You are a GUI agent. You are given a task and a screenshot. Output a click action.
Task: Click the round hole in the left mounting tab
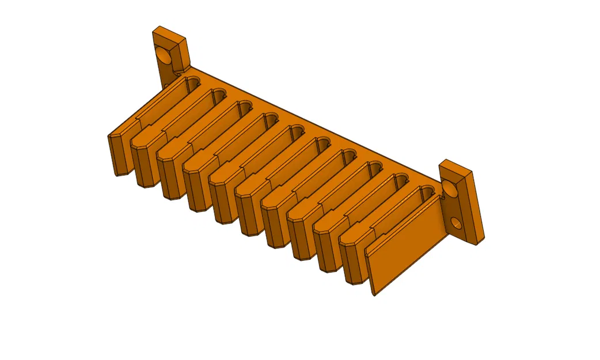(x=163, y=56)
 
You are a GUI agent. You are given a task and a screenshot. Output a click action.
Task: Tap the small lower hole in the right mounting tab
(x=455, y=222)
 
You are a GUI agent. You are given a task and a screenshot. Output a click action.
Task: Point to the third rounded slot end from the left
(x=245, y=107)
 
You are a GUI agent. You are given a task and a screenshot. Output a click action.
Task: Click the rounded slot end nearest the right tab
(x=427, y=192)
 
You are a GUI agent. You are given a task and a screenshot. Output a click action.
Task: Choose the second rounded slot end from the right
(x=400, y=180)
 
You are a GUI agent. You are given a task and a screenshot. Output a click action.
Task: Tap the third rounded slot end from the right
(x=374, y=168)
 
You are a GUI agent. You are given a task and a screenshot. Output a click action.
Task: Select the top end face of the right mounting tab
(x=455, y=166)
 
